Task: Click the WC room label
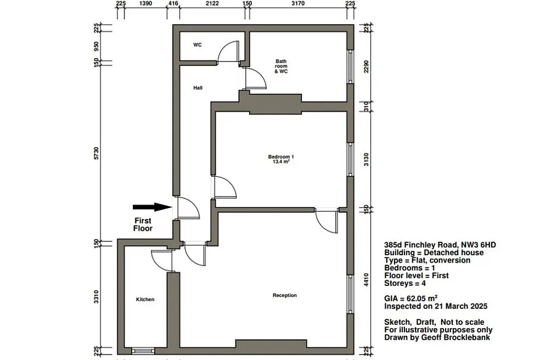click(198, 45)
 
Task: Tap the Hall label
click(198, 88)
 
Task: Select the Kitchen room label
click(145, 300)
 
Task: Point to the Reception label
click(284, 295)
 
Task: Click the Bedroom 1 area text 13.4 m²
click(281, 161)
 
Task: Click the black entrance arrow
click(153, 207)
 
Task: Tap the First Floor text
click(143, 224)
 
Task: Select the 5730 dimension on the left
click(97, 153)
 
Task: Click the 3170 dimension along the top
click(298, 3)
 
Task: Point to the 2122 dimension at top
click(212, 3)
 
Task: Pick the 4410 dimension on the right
click(366, 279)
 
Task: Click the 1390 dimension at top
click(145, 3)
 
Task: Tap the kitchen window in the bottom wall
click(143, 351)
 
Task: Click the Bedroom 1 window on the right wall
click(350, 160)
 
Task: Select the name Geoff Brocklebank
click(455, 337)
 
